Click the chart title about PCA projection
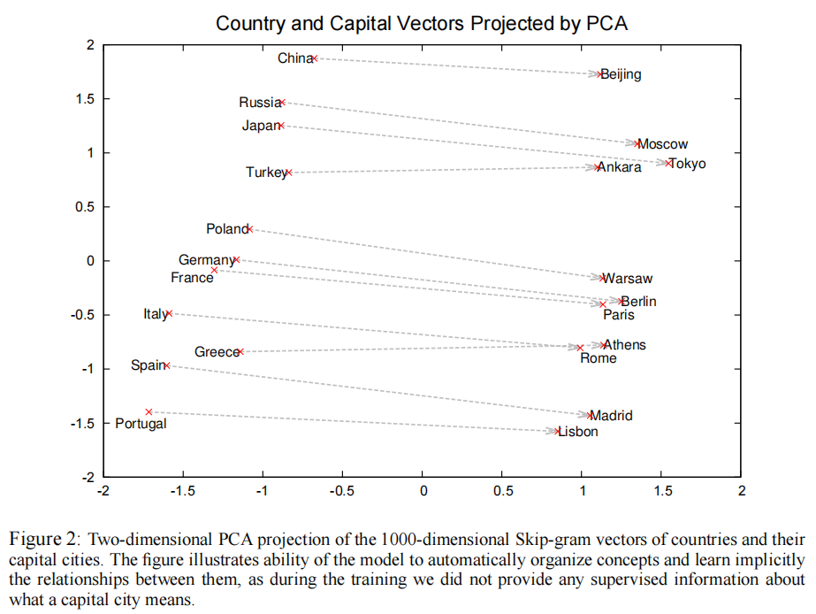pyautogui.click(x=422, y=23)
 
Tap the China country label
pyautogui.click(x=294, y=58)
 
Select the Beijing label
pyautogui.click(x=622, y=75)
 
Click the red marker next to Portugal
pyautogui.click(x=149, y=411)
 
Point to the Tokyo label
pyautogui.click(x=688, y=164)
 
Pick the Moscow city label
pyautogui.click(x=663, y=144)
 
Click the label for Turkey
pyautogui.click(x=266, y=173)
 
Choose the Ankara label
pyautogui.click(x=621, y=168)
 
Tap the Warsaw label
pyautogui.click(x=628, y=279)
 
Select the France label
pyautogui.click(x=192, y=278)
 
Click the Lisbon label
pyautogui.click(x=578, y=432)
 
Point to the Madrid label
pyautogui.click(x=612, y=415)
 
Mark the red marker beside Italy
pyautogui.click(x=169, y=314)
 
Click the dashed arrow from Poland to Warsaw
pyautogui.click(x=424, y=253)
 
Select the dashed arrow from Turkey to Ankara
pyautogui.click(x=442, y=169)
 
